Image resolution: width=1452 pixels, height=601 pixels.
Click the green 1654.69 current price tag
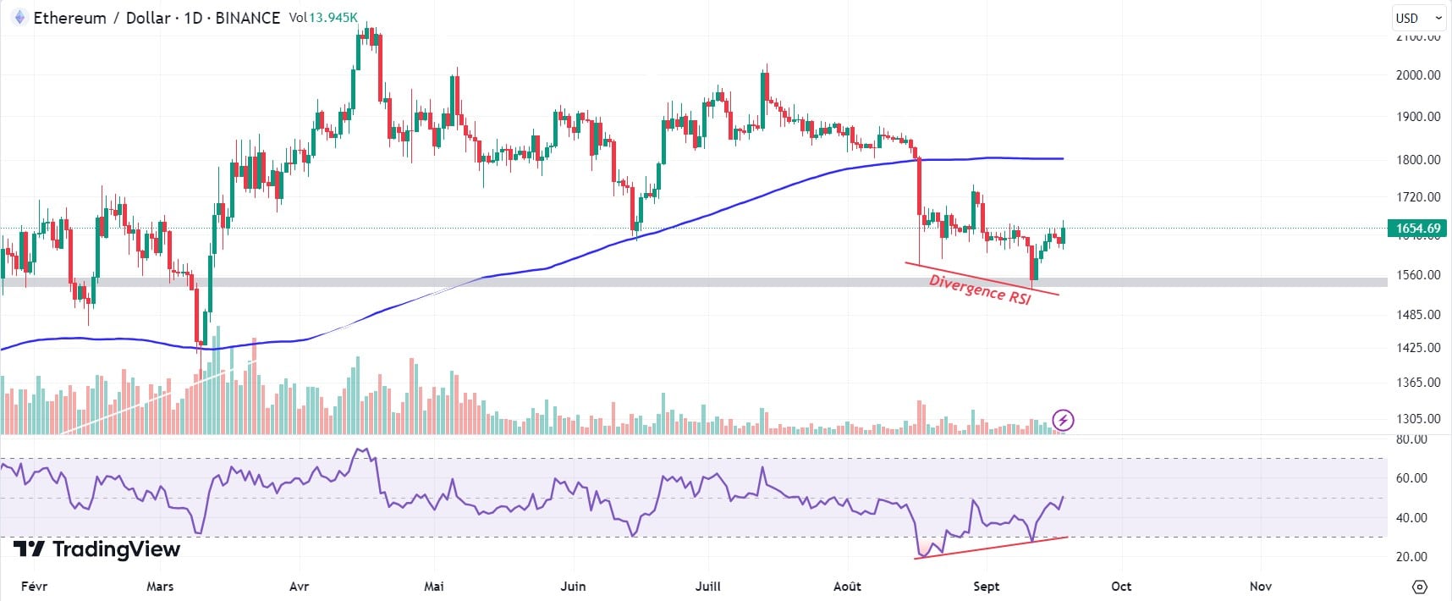pos(1417,228)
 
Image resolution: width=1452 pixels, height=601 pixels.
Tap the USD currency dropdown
pos(1417,18)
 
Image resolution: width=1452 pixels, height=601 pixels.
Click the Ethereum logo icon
pos(19,18)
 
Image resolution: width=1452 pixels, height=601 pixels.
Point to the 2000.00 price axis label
pos(1417,74)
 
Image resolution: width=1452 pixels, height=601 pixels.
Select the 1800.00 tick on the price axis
pos(1417,159)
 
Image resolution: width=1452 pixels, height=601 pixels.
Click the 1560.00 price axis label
pos(1417,274)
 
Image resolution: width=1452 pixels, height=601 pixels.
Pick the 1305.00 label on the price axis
pos(1417,418)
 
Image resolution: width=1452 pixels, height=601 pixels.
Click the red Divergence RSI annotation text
pos(980,289)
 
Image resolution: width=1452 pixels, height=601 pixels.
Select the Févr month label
pos(34,586)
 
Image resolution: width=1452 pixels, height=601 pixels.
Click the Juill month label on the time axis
pos(707,586)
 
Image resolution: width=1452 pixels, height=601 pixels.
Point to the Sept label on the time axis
pos(986,586)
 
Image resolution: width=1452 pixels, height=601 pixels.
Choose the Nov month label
pos(1261,586)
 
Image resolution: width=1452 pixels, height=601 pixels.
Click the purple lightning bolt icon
pos(1064,420)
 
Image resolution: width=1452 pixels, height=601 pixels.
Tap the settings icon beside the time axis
pos(1420,587)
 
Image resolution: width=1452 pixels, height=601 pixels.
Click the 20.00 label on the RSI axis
pos(1411,556)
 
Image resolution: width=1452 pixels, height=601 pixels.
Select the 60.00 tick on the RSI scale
pos(1411,477)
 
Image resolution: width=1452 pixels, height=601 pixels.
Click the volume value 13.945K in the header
pos(333,18)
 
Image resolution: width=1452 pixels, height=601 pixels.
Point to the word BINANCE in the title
pos(247,18)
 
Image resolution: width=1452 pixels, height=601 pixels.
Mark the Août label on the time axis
pos(847,586)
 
